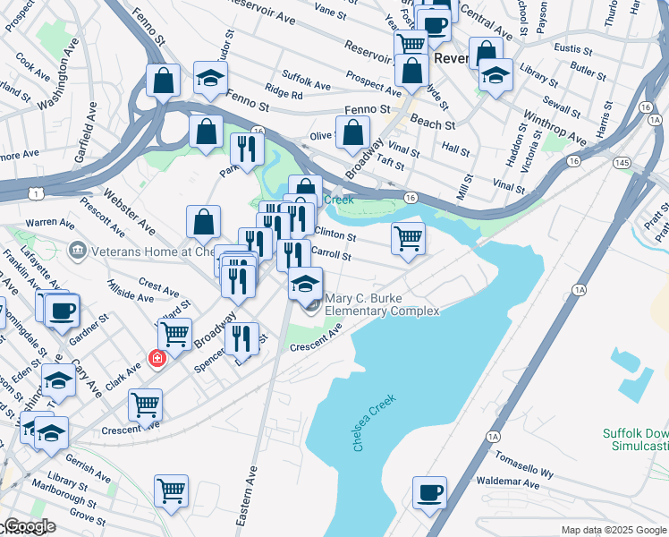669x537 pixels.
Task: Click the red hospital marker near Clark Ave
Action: click(x=158, y=358)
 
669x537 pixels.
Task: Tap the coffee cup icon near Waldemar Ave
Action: click(x=429, y=491)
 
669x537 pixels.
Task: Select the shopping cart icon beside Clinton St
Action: click(x=408, y=238)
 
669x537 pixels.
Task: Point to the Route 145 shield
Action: click(x=620, y=163)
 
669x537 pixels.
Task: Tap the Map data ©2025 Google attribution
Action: click(x=614, y=530)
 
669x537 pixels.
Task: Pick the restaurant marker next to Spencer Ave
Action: click(x=241, y=338)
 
